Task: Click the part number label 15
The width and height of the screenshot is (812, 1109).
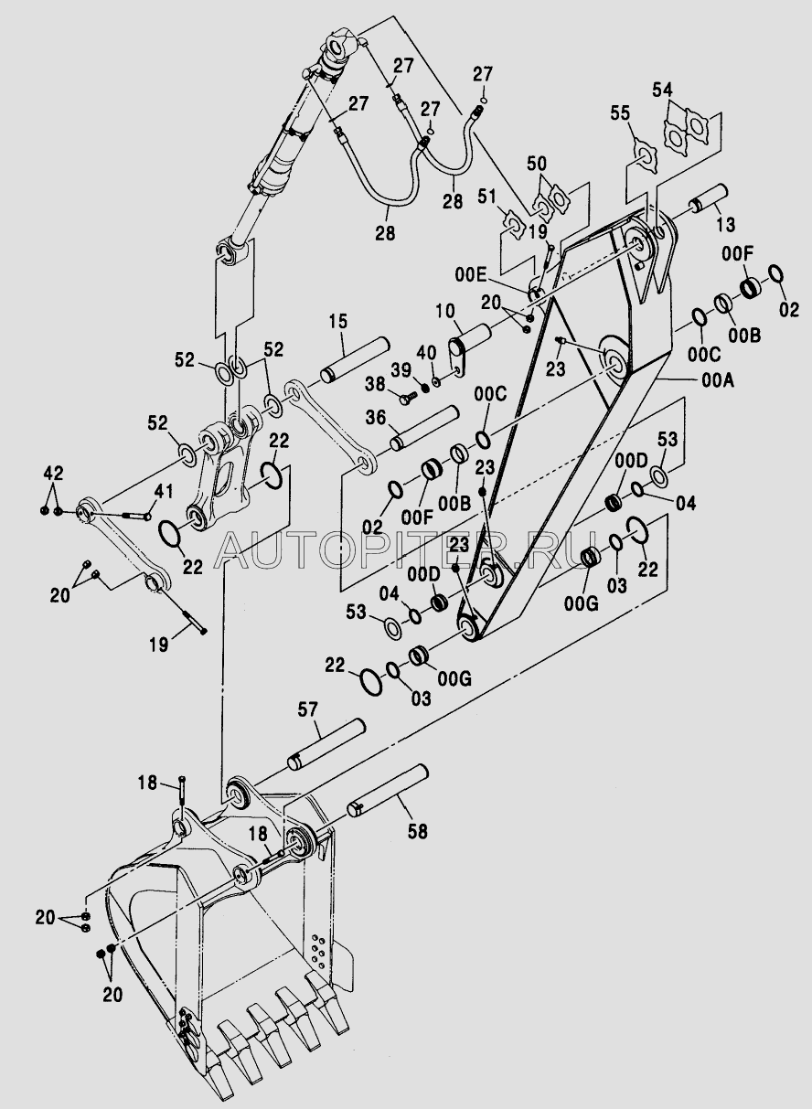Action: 339,322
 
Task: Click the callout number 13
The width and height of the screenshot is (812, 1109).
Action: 725,225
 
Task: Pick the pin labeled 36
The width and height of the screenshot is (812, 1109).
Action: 424,429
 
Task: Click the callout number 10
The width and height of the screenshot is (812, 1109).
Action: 445,312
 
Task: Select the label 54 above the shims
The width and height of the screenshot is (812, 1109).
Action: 662,91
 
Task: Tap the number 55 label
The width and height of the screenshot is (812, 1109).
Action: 620,113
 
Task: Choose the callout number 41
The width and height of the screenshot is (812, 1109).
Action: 164,492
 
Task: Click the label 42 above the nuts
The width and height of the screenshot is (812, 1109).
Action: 53,474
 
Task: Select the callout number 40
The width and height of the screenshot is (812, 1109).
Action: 426,354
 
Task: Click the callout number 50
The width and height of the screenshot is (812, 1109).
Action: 537,164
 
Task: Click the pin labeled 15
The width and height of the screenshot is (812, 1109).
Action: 355,360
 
